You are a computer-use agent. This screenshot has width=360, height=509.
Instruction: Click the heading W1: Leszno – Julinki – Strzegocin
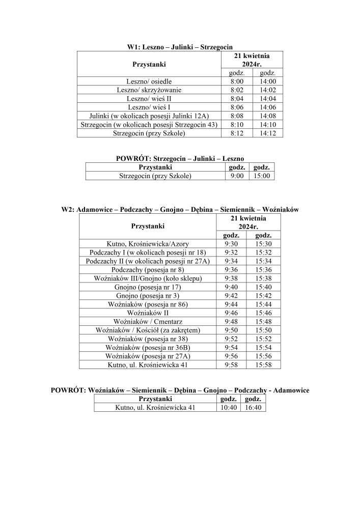pyautogui.click(x=180, y=46)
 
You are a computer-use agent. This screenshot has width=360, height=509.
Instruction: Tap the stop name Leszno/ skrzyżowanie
pyautogui.click(x=149, y=90)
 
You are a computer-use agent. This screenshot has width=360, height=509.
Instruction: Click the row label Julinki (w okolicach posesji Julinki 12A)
pyautogui.click(x=149, y=116)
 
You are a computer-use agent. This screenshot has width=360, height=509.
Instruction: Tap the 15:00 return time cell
pyautogui.click(x=263, y=176)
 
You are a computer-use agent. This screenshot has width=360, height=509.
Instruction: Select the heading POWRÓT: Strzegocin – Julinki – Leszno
pyautogui.click(x=180, y=159)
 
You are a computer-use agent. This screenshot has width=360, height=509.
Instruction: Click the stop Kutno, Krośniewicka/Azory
pyautogui.click(x=148, y=244)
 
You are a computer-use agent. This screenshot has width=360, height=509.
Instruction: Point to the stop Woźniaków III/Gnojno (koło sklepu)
pyautogui.click(x=148, y=278)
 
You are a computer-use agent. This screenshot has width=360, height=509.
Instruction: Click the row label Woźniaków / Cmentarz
pyautogui.click(x=148, y=322)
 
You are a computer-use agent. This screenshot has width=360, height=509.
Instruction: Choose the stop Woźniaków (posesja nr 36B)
pyautogui.click(x=148, y=348)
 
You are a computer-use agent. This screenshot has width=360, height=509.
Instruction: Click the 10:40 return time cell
pyautogui.click(x=229, y=408)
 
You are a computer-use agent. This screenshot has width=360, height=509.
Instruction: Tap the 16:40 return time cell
pyautogui.click(x=254, y=408)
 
